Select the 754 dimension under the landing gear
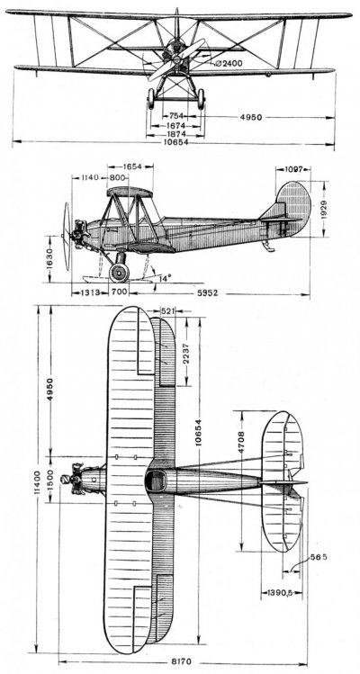[x=175, y=115]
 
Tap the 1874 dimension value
[x=175, y=135]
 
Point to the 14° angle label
[x=166, y=278]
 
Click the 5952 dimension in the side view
[x=207, y=293]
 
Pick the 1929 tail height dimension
[x=325, y=210]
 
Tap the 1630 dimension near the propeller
[x=50, y=258]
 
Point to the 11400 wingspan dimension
[x=38, y=482]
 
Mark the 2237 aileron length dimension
[x=186, y=355]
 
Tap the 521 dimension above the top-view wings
[x=166, y=310]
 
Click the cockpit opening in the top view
[x=156, y=481]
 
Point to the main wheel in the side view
[x=119, y=273]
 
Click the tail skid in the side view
[x=269, y=246]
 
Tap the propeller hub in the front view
[x=176, y=58]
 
